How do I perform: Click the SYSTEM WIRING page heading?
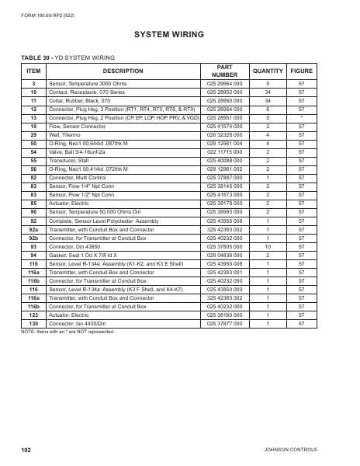coord(180,35)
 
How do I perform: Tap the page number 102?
coord(26,450)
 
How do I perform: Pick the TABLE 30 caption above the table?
coord(65,58)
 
